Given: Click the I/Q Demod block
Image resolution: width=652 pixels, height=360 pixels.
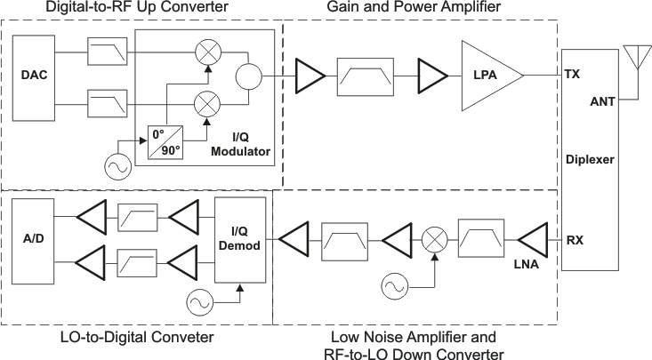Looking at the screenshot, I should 241,239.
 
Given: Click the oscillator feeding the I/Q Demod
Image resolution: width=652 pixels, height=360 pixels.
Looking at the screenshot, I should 200,302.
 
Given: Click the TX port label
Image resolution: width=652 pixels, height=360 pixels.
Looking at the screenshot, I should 573,76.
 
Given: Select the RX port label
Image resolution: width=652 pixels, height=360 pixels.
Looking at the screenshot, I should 575,239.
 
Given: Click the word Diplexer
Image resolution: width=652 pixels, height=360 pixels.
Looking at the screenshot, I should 590,158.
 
